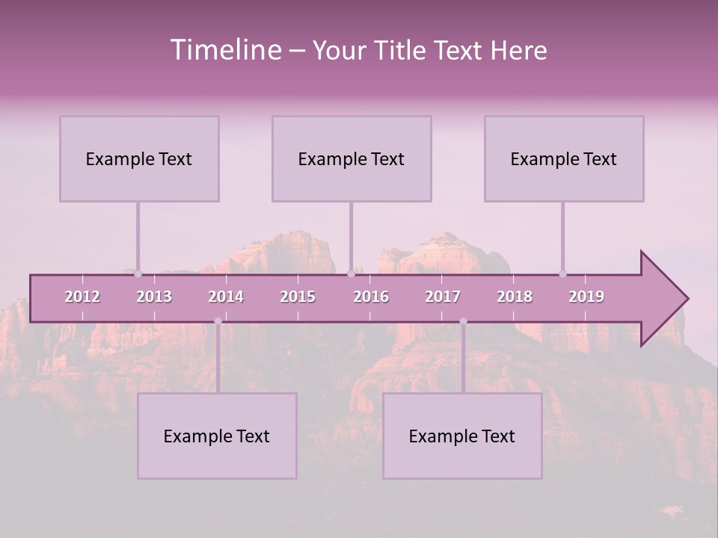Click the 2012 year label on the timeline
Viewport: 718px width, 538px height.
pos(82,297)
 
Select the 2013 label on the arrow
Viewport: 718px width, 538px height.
pos(154,297)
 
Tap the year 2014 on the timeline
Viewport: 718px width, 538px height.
pos(226,297)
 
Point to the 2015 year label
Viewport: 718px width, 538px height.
pos(298,297)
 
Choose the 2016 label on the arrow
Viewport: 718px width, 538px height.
pos(371,297)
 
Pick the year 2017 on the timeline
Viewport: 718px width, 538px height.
pos(443,297)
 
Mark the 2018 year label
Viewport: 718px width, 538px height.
pos(515,297)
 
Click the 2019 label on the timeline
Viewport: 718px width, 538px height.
pos(586,297)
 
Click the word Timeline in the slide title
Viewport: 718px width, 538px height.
pos(225,50)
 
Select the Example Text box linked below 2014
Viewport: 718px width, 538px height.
pos(217,436)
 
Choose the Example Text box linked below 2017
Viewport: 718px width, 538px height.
pos(462,436)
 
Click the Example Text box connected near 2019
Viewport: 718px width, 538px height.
pos(564,158)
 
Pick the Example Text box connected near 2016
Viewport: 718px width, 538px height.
pos(352,158)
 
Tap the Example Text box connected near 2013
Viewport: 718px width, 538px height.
pos(139,158)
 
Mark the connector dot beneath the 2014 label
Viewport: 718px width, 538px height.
pos(218,321)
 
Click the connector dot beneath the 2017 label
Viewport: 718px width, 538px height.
pos(463,321)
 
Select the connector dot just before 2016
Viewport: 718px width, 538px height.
pos(351,273)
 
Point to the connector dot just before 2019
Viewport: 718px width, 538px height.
pos(562,273)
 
